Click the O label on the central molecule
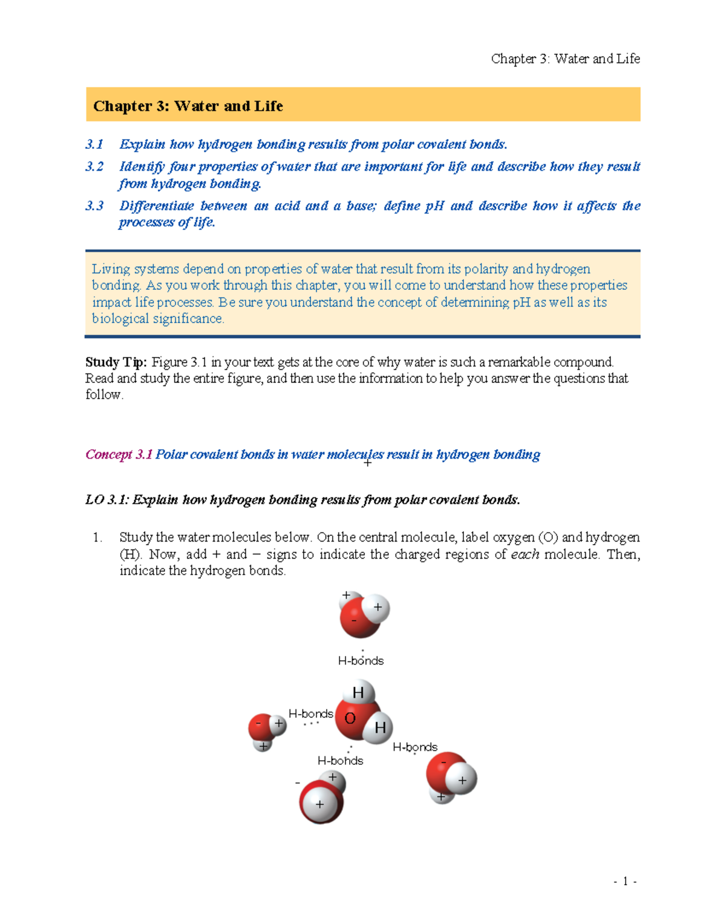(x=350, y=719)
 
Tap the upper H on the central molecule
(x=358, y=693)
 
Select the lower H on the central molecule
(x=380, y=727)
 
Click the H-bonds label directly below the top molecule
(x=361, y=661)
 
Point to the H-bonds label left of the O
(x=311, y=714)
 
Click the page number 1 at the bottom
(x=625, y=882)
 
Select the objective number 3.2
(x=94, y=166)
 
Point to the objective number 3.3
(x=94, y=206)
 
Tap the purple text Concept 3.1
(x=119, y=454)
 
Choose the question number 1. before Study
(x=97, y=537)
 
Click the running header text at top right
(x=565, y=59)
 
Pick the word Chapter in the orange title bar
(x=122, y=107)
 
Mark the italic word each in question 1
(x=525, y=554)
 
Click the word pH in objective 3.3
(x=434, y=206)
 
